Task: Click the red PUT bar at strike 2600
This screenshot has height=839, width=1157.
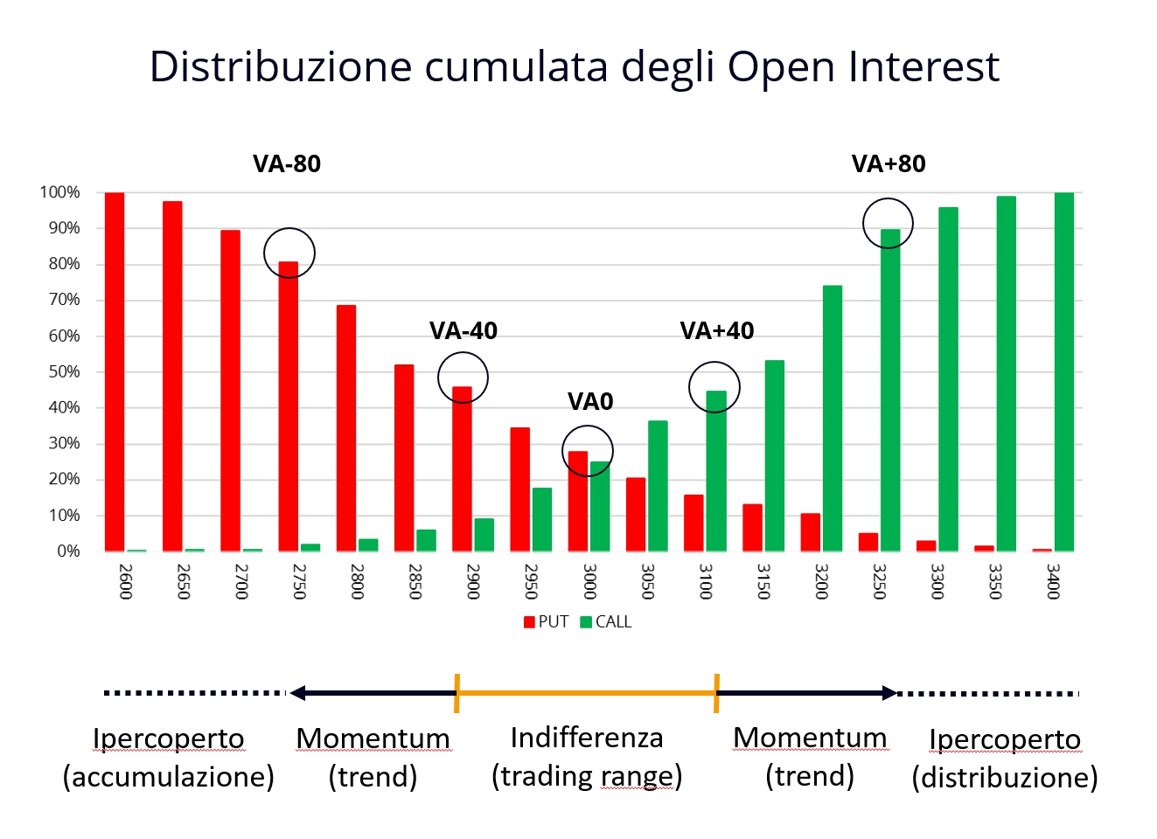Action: tap(115, 371)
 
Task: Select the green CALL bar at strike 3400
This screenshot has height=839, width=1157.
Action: tap(1064, 371)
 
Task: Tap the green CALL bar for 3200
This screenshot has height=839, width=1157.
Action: tap(832, 419)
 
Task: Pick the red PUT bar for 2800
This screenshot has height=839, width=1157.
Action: tap(346, 428)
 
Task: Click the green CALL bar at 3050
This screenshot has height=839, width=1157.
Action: tap(658, 486)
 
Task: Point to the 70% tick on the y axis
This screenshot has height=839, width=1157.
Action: tap(64, 300)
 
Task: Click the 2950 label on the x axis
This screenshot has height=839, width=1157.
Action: tap(531, 581)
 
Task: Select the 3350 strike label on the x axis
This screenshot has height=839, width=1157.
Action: tap(995, 581)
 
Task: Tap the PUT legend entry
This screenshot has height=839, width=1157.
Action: tap(546, 622)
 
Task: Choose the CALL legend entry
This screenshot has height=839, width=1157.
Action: tap(606, 622)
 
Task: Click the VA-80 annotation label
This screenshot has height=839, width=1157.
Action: tap(287, 164)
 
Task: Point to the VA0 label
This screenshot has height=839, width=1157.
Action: tap(590, 402)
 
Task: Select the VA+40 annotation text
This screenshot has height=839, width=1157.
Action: tap(717, 331)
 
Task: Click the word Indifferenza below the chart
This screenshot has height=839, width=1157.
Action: tap(587, 738)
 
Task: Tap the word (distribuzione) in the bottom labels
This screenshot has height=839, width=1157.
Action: tap(1005, 778)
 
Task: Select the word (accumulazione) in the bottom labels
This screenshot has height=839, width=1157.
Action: tap(169, 778)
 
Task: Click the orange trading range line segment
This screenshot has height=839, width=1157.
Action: tap(587, 693)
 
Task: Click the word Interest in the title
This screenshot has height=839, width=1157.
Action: tap(924, 66)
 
